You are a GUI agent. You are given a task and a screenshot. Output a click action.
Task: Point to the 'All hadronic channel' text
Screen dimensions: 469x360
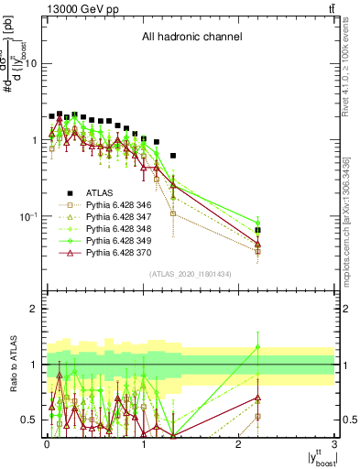point(191,38)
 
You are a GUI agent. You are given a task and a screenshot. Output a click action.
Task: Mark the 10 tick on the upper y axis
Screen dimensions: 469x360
point(30,63)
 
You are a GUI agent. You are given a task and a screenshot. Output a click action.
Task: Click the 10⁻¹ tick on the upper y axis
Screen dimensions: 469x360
point(28,216)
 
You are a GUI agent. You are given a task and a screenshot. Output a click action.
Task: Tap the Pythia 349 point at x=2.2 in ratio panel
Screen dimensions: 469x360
point(258,347)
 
